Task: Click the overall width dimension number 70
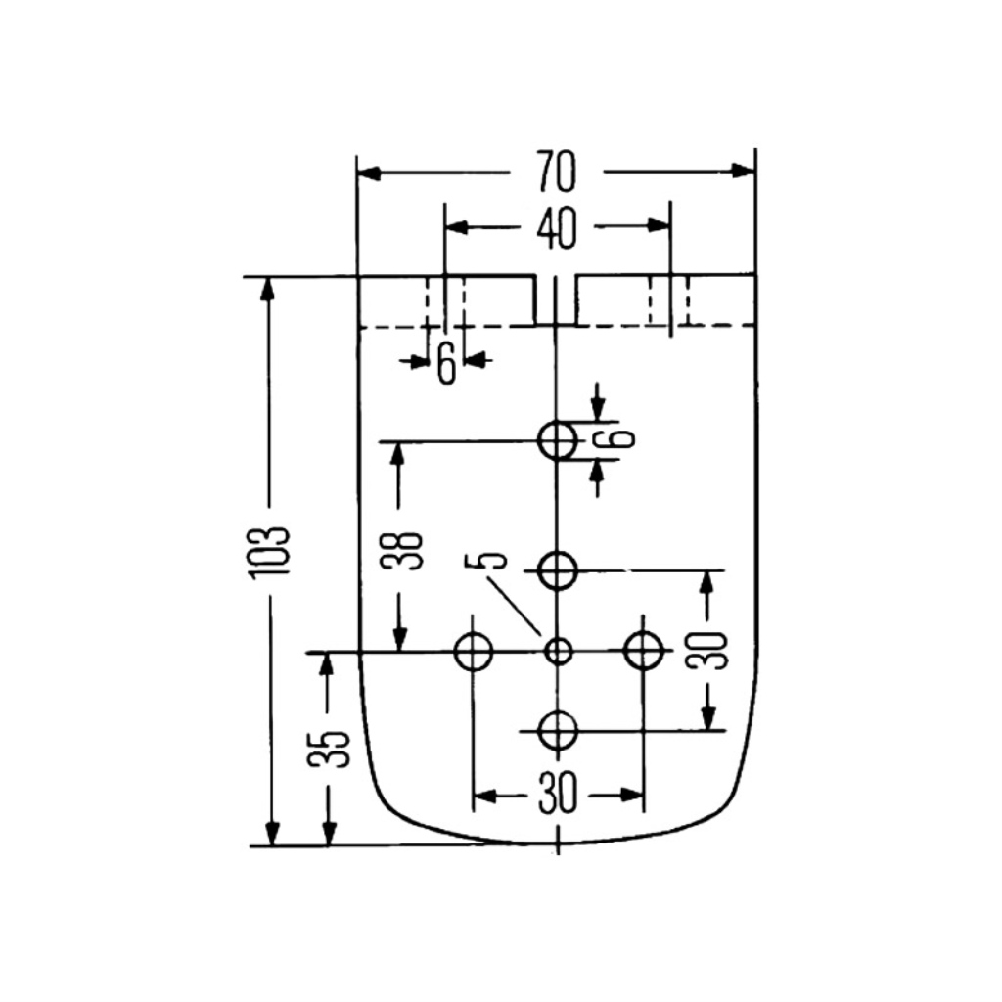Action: click(556, 171)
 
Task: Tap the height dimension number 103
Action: click(270, 554)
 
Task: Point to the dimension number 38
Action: click(401, 551)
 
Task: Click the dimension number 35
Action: click(329, 749)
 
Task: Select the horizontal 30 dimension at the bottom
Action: click(557, 795)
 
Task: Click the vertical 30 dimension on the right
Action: click(706, 651)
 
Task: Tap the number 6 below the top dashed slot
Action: click(446, 362)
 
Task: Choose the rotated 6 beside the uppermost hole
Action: click(615, 438)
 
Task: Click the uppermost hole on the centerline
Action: click(558, 440)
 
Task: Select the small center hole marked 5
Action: click(559, 652)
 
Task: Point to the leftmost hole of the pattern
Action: click(473, 652)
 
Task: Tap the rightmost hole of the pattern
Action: click(643, 651)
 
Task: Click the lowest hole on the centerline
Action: click(558, 730)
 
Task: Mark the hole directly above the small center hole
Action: click(558, 570)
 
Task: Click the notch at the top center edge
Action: click(556, 300)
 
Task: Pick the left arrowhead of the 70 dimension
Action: click(369, 173)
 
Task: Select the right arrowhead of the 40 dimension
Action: click(658, 226)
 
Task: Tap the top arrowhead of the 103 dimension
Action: click(268, 290)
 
